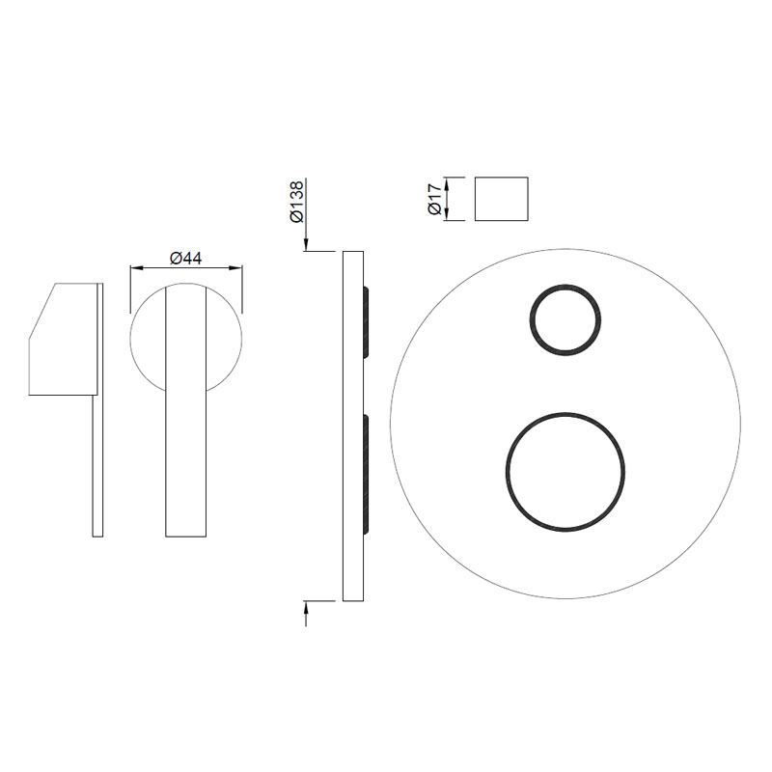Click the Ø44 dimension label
pos(185,258)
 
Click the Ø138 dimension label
pos(297,202)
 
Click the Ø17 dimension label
pos(434,199)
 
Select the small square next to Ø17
pos(501,199)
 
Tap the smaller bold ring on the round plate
pos(565,286)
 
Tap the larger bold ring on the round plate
pos(565,414)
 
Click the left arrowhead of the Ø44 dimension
pos(136,268)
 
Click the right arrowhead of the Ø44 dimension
pos(236,268)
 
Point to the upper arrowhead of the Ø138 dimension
pos(306,245)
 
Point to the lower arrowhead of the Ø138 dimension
pos(306,607)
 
